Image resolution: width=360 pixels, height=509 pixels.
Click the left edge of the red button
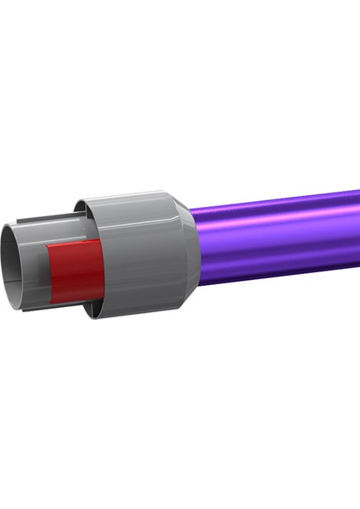click(x=49, y=273)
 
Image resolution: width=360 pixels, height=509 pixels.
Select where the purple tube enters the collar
click(x=198, y=243)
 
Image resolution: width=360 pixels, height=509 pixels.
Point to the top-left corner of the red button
click(x=48, y=248)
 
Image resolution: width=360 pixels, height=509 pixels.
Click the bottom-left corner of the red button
click(x=52, y=301)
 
